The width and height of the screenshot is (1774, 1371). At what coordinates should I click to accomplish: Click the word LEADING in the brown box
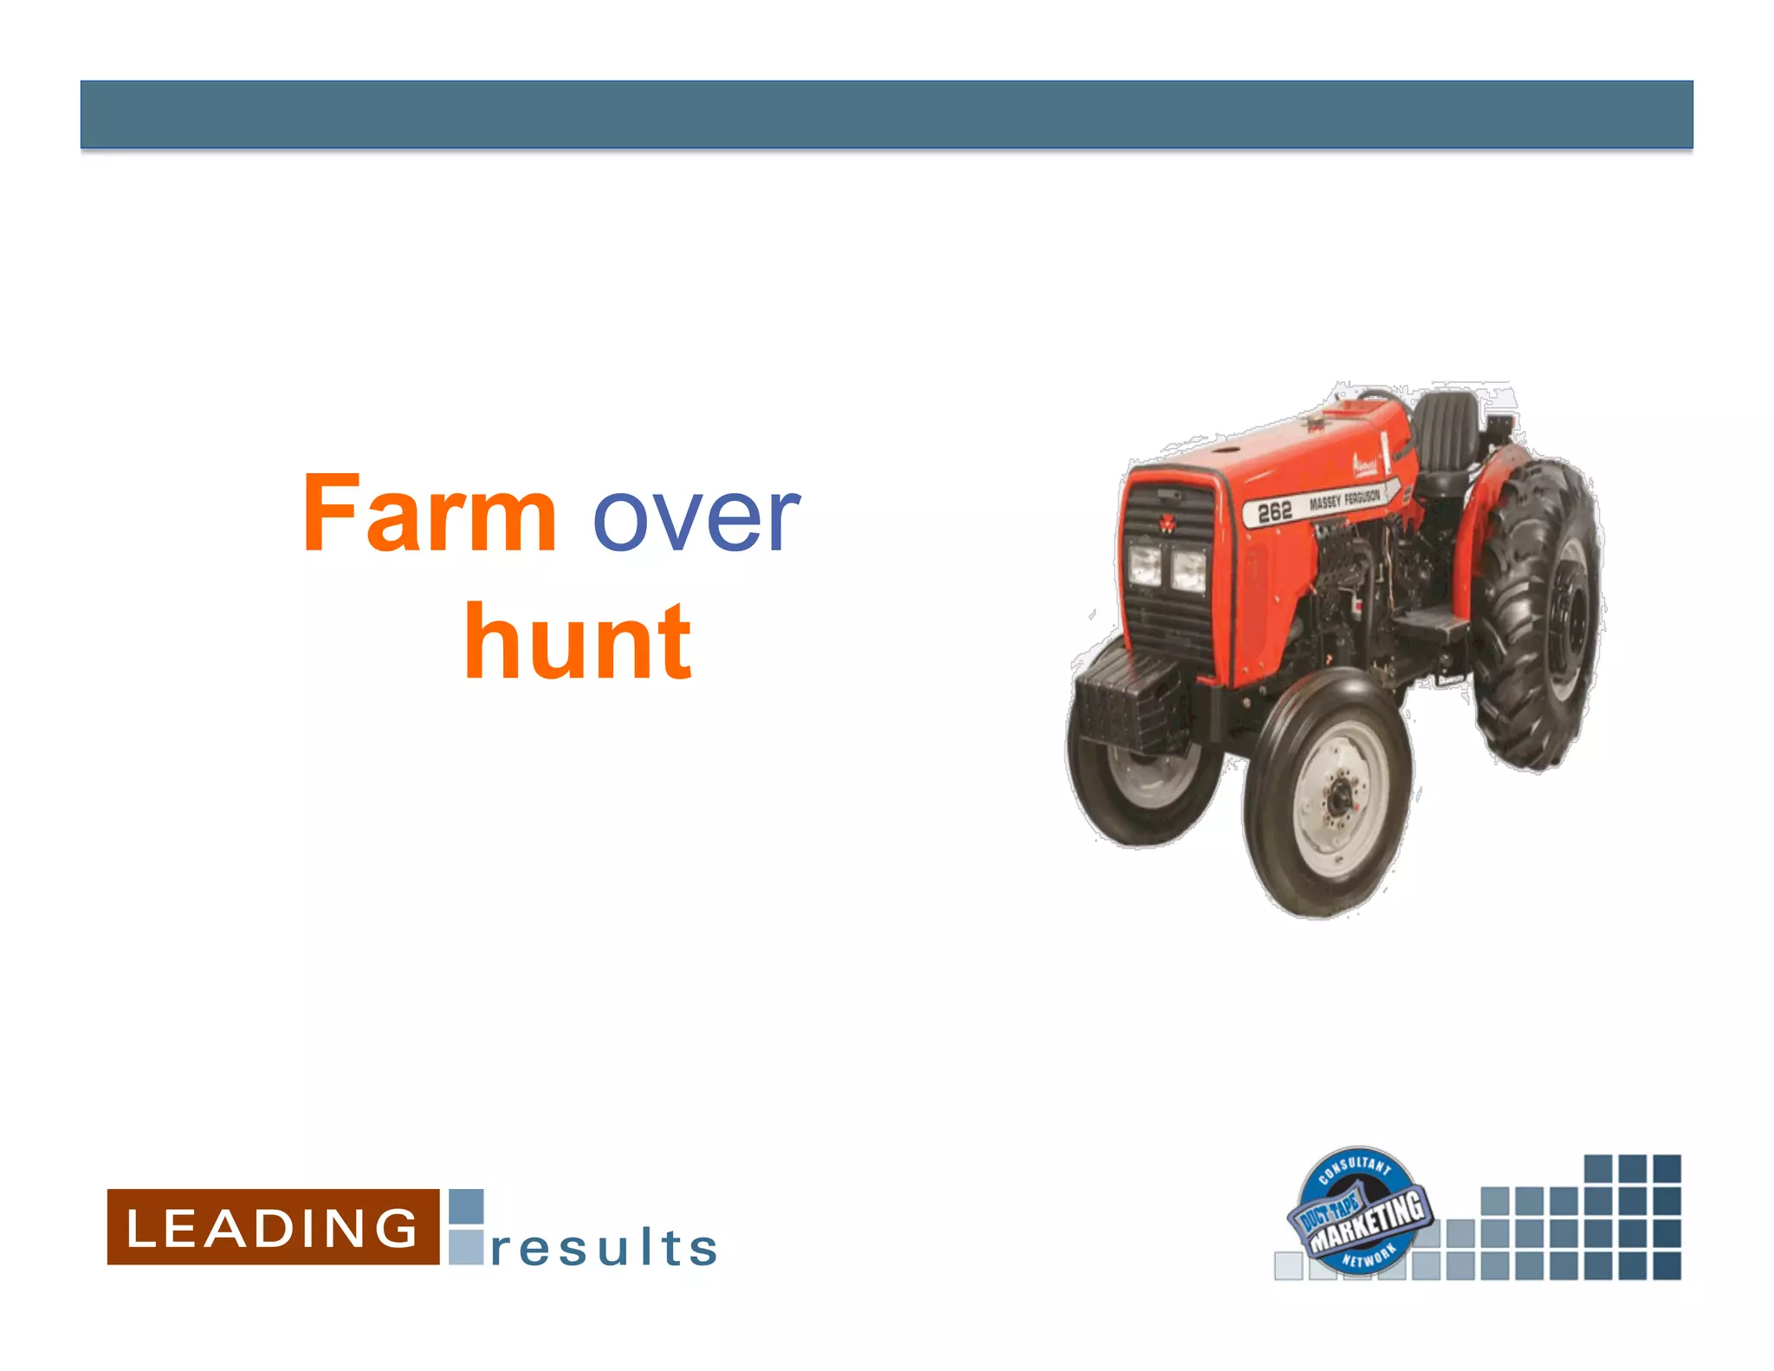pos(272,1227)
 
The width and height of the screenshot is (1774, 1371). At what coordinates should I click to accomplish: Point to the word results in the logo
pos(604,1248)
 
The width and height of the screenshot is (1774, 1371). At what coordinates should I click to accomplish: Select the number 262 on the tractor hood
pos(1274,513)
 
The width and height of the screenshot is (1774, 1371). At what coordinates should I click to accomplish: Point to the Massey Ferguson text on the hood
pos(1344,500)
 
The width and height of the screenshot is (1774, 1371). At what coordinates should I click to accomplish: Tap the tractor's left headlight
pos(1144,566)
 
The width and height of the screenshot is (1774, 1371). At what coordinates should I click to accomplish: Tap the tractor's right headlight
pos(1189,571)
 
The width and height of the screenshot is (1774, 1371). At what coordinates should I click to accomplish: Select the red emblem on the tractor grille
pos(1167,523)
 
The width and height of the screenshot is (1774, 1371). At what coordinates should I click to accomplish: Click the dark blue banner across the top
pos(886,114)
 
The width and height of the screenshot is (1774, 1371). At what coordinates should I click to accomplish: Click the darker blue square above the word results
pos(466,1206)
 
